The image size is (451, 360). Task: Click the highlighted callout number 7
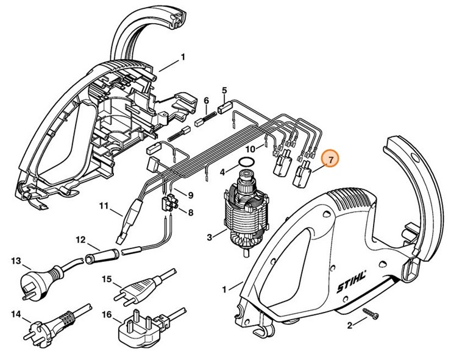[330, 160]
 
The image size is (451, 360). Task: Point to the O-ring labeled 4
[246, 162]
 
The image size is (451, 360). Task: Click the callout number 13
[16, 260]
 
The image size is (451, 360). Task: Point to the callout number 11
[104, 205]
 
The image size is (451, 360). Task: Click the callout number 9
[190, 195]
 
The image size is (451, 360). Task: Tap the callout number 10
[249, 148]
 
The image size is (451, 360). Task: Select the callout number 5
[224, 90]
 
